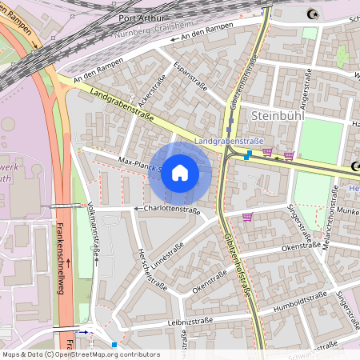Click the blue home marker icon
180,173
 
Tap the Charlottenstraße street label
172,210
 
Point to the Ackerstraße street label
145,98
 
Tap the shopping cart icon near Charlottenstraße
247,216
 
